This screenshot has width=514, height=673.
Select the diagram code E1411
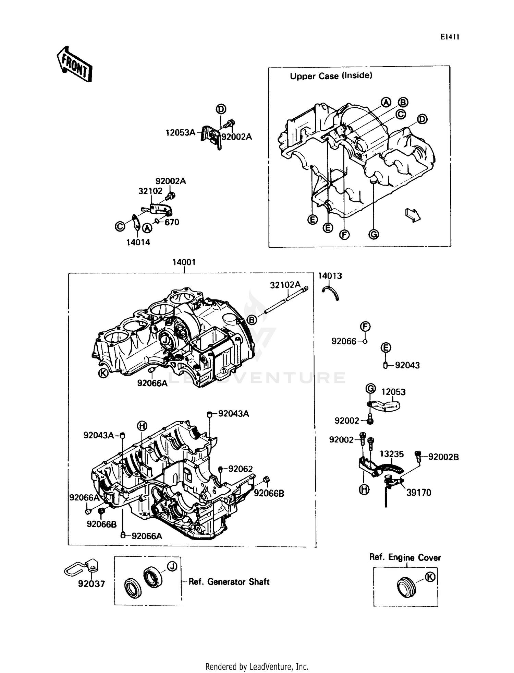point(450,37)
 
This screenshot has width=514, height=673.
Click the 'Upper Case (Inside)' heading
point(331,76)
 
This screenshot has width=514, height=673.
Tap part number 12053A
point(180,133)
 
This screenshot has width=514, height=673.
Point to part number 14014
point(138,243)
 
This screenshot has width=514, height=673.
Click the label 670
point(172,222)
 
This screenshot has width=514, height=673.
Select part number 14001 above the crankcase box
point(184,262)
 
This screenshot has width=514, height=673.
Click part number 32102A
point(285,285)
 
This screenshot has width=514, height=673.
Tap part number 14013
point(330,276)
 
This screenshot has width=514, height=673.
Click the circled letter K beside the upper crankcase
point(103,373)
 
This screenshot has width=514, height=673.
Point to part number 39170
point(418,493)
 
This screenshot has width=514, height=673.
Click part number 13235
point(391,454)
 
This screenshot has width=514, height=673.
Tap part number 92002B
point(443,457)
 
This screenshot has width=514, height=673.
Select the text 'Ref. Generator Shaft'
point(229,582)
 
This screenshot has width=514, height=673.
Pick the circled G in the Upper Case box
point(374,235)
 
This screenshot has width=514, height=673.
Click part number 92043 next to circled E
point(407,365)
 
